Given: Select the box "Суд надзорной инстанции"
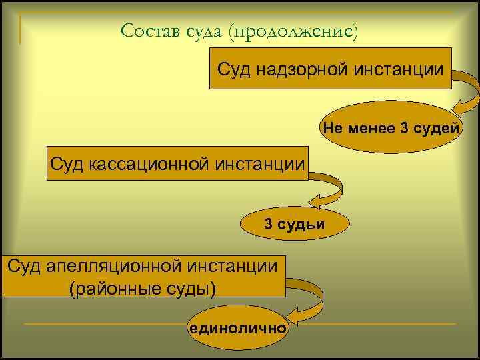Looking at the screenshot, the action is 331,69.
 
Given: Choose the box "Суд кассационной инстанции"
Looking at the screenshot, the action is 178,163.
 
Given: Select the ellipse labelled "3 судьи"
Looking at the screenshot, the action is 294,224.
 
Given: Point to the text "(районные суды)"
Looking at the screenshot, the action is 143,289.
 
